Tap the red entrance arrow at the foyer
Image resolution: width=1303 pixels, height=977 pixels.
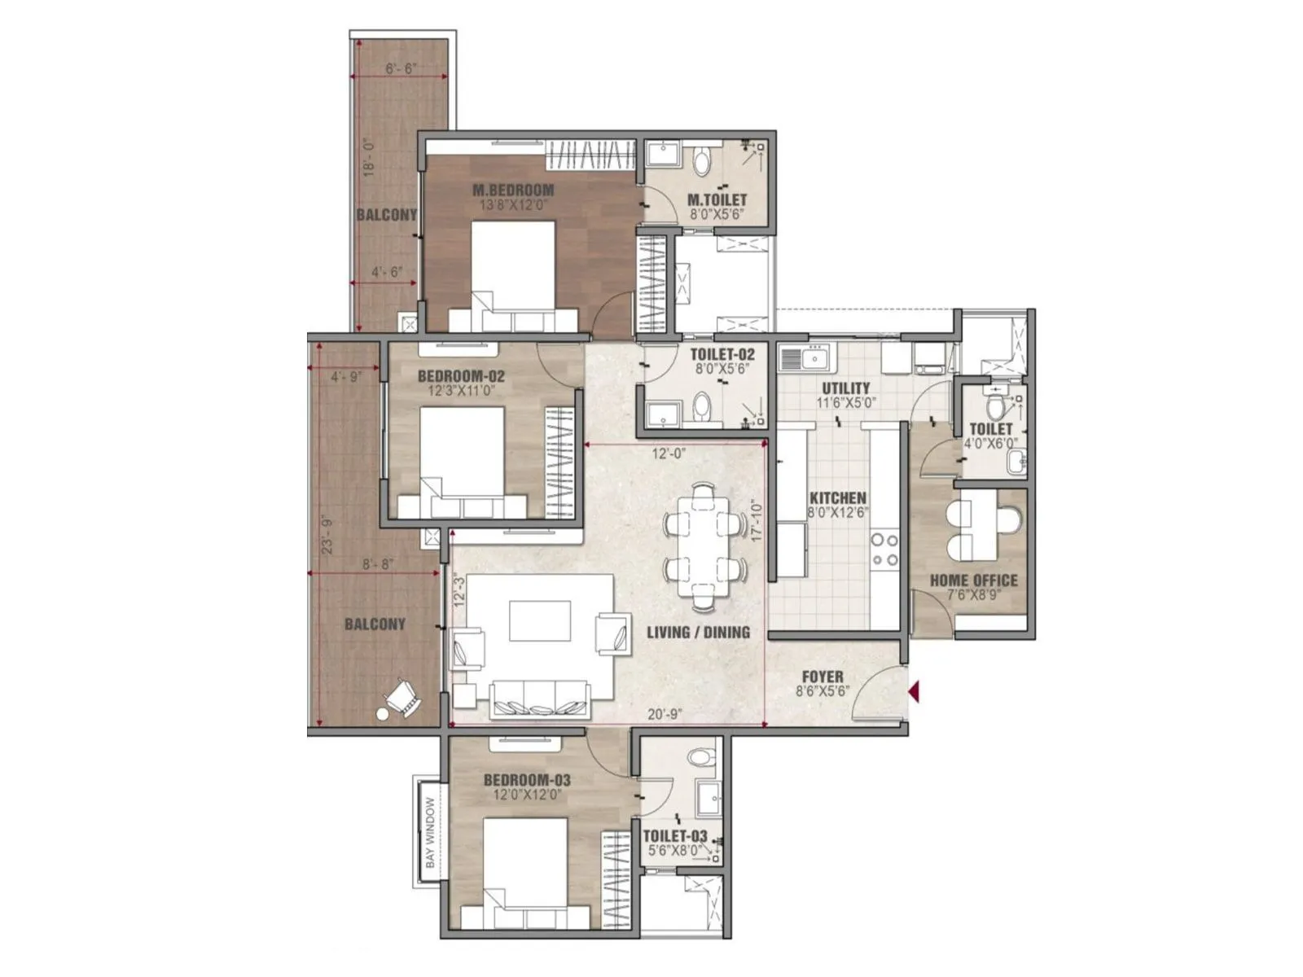click(915, 692)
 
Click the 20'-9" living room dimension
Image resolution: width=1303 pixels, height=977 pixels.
click(665, 714)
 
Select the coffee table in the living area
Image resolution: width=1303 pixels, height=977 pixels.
click(541, 621)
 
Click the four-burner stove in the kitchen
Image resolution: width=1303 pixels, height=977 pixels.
click(884, 550)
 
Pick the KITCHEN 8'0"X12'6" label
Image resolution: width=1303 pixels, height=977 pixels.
click(837, 505)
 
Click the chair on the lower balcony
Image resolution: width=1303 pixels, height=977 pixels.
click(401, 698)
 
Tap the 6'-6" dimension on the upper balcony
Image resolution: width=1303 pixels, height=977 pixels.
click(400, 69)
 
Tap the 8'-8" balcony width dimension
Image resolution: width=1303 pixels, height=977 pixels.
click(379, 563)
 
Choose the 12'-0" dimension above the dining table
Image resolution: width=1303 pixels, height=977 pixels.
click(669, 454)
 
